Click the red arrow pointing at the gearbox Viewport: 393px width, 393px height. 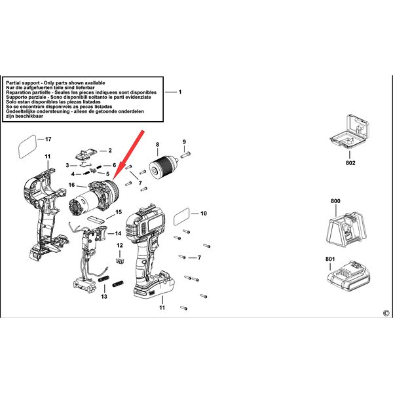click(x=128, y=155)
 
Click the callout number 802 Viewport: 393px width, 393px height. click(x=350, y=163)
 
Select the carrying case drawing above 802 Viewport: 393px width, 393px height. click(x=350, y=132)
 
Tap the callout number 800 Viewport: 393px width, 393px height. click(x=335, y=201)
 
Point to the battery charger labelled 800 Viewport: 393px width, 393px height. click(x=346, y=229)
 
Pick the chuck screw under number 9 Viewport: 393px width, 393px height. click(x=185, y=155)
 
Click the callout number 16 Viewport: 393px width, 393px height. click(x=71, y=185)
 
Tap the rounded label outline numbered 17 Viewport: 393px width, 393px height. click(x=28, y=147)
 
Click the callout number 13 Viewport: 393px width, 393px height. click(x=104, y=297)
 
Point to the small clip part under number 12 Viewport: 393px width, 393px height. click(x=120, y=261)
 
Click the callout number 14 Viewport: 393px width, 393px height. click(x=118, y=233)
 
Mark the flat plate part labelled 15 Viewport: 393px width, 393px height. click(x=96, y=219)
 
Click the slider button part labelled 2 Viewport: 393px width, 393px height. click(x=86, y=154)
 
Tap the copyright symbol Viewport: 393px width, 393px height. click(x=386, y=313)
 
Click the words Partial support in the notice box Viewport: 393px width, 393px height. click(x=23, y=83)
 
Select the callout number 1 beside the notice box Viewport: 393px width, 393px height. click(x=180, y=92)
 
